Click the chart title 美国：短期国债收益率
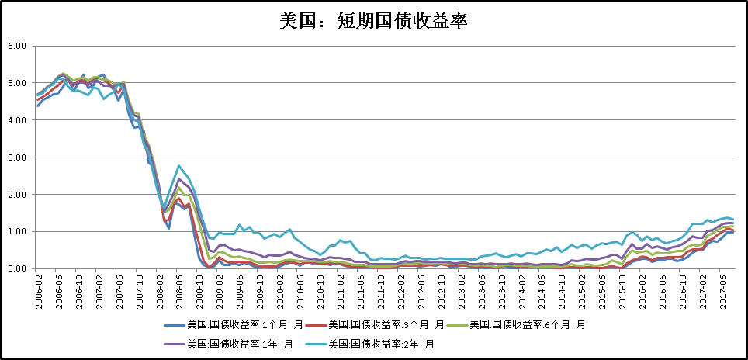pos(373,21)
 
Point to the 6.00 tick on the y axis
pos(16,46)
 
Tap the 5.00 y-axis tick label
pos(16,83)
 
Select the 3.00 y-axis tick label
pos(16,157)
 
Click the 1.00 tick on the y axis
pos(16,231)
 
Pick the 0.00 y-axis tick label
pos(16,268)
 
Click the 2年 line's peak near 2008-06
pos(179,165)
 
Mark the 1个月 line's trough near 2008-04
pos(169,228)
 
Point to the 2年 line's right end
pos(732,220)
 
